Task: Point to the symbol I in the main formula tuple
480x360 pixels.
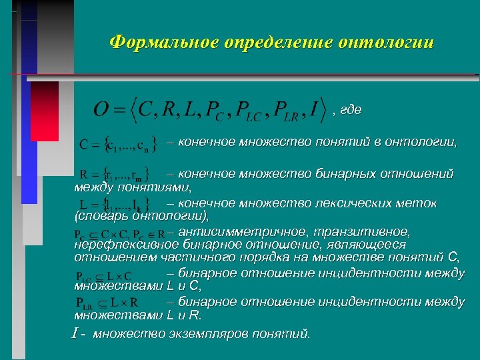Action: pos(313,109)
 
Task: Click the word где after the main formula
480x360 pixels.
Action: pos(351,111)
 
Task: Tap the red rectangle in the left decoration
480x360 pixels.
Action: pos(44,111)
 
